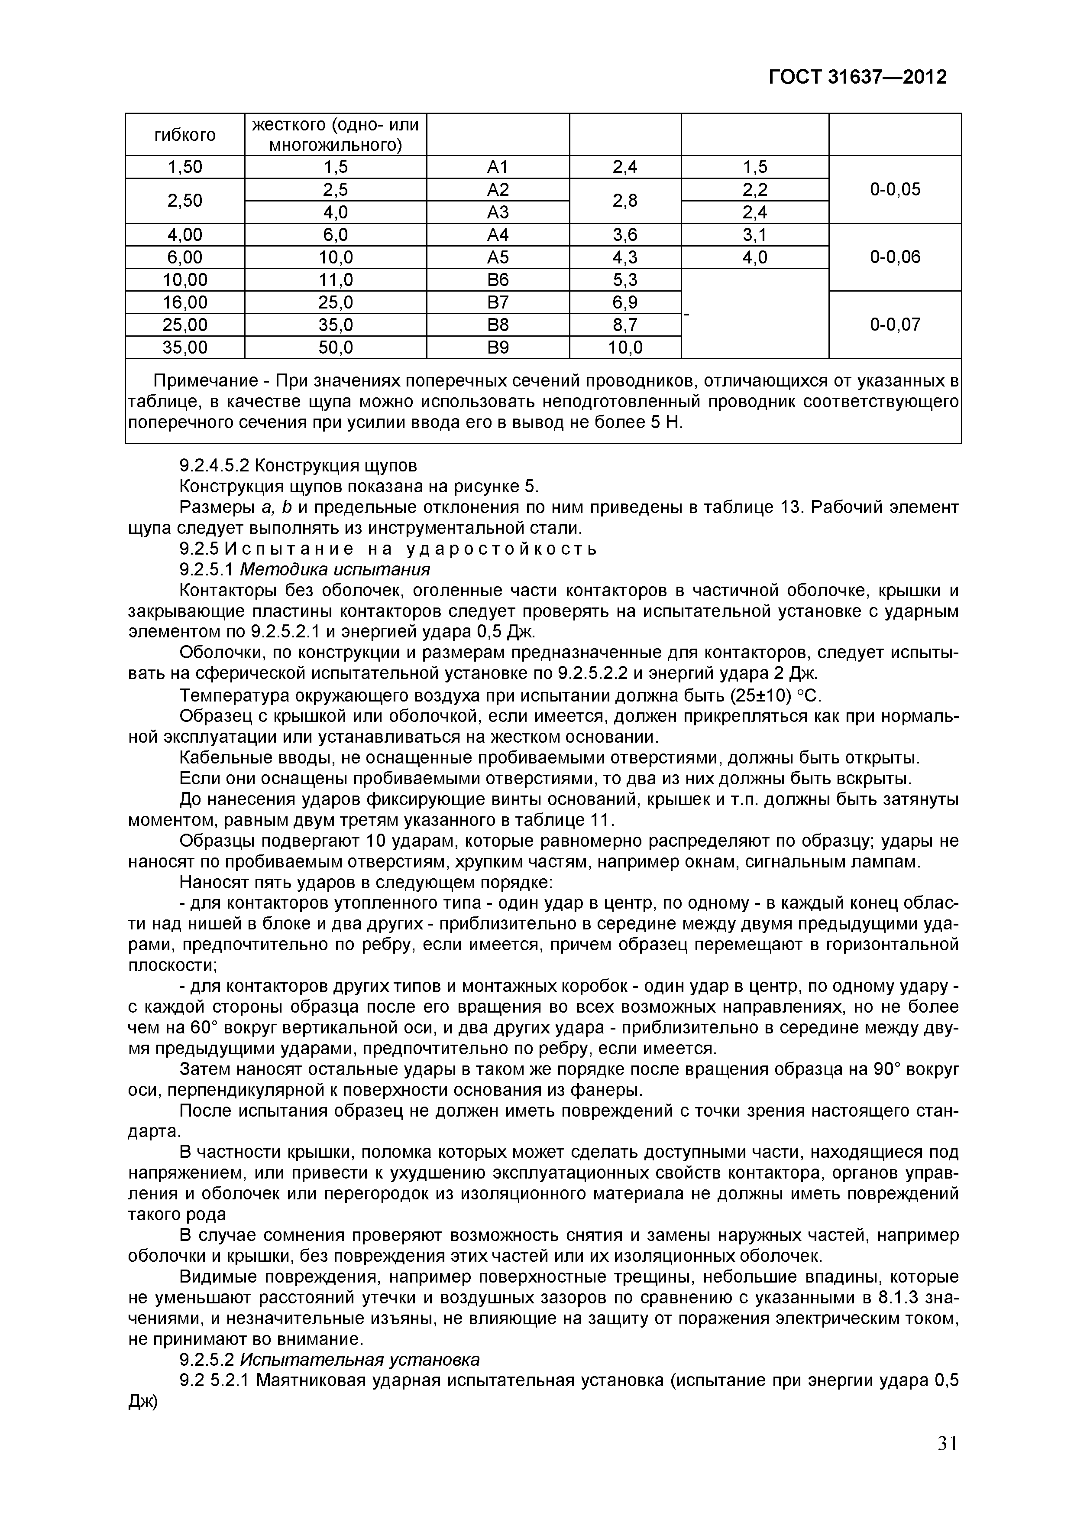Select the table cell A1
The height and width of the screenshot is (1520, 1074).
pyautogui.click(x=497, y=167)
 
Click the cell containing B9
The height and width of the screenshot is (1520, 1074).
pyautogui.click(x=497, y=347)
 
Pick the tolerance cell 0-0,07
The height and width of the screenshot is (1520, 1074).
pyautogui.click(x=895, y=325)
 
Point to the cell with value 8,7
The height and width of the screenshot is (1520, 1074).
pyautogui.click(x=624, y=325)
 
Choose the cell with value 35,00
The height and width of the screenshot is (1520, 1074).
pyautogui.click(x=184, y=347)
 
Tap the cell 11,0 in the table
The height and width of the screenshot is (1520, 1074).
pyautogui.click(x=336, y=279)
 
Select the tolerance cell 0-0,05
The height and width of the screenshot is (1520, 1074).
pyautogui.click(x=895, y=189)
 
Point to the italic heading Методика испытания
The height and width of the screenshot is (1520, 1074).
pyautogui.click(x=335, y=569)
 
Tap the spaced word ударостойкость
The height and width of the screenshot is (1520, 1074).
pyautogui.click(x=501, y=549)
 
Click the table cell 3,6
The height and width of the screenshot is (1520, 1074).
pyautogui.click(x=624, y=234)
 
